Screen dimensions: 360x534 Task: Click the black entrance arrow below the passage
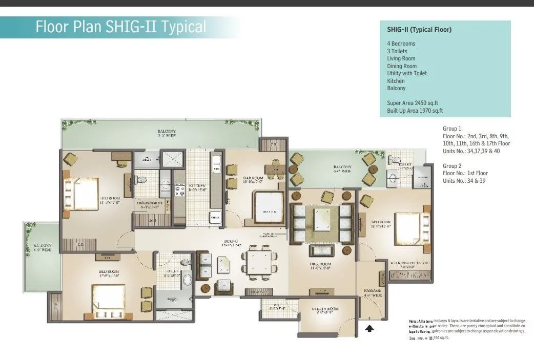(x=369, y=329)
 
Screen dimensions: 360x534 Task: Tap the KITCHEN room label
(x=197, y=187)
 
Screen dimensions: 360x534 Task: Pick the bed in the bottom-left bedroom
(x=108, y=299)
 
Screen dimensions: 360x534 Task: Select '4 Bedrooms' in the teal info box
(x=401, y=44)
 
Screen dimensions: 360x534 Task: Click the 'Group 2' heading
(x=452, y=166)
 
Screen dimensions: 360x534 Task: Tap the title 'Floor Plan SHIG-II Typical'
(x=120, y=27)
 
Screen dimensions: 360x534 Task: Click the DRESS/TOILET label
(x=150, y=205)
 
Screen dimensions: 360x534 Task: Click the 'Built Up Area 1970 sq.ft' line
(x=415, y=111)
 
